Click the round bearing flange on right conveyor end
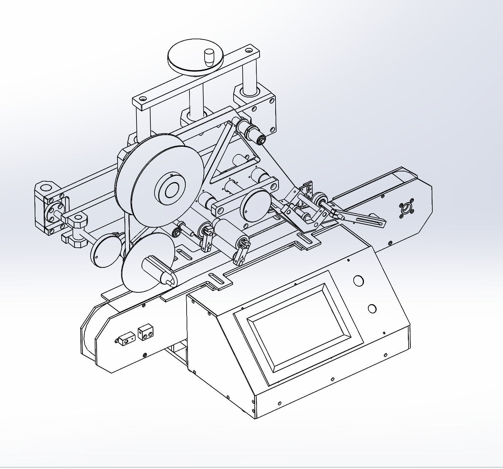click(407, 208)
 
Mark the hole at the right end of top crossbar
click(249, 51)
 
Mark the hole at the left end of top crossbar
click(143, 99)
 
